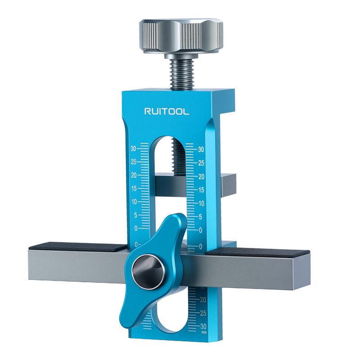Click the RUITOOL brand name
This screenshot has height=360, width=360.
[x=166, y=111]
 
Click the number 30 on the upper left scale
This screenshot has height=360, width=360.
[x=133, y=148]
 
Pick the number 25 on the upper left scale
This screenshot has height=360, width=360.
[x=133, y=161]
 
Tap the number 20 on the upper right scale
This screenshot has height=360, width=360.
[x=202, y=176]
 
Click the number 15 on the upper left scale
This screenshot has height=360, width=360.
[x=133, y=188]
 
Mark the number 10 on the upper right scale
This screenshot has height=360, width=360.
[x=202, y=203]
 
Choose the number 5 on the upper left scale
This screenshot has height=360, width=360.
[x=134, y=215]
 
